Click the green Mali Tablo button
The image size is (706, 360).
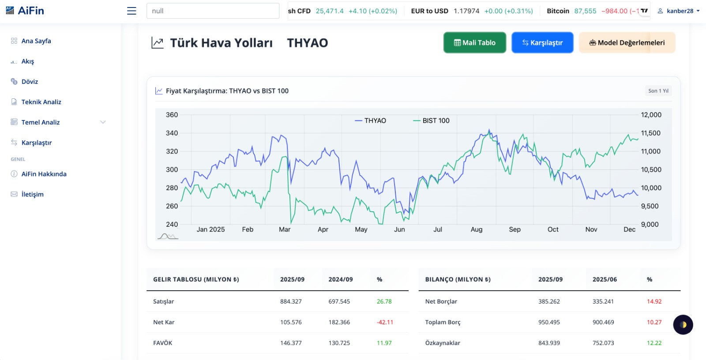(x=474, y=43)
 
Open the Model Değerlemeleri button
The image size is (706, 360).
(x=627, y=43)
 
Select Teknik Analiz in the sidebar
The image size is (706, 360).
(x=41, y=102)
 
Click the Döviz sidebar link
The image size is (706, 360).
(x=30, y=82)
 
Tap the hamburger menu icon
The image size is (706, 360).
(x=131, y=11)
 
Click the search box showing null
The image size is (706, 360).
(x=213, y=11)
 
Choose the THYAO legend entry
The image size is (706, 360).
(x=371, y=120)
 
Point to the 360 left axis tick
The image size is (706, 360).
(x=172, y=115)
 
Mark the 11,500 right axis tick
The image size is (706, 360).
(x=650, y=133)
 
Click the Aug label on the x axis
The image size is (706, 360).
(x=477, y=229)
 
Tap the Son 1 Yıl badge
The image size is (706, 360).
(x=658, y=91)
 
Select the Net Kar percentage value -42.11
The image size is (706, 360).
(x=385, y=322)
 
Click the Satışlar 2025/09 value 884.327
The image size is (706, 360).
(x=291, y=301)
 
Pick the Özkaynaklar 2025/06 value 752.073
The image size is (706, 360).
(x=603, y=343)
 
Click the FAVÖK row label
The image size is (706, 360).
(x=163, y=343)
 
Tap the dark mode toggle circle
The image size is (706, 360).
(x=683, y=325)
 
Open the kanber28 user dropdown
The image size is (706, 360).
(x=679, y=11)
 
